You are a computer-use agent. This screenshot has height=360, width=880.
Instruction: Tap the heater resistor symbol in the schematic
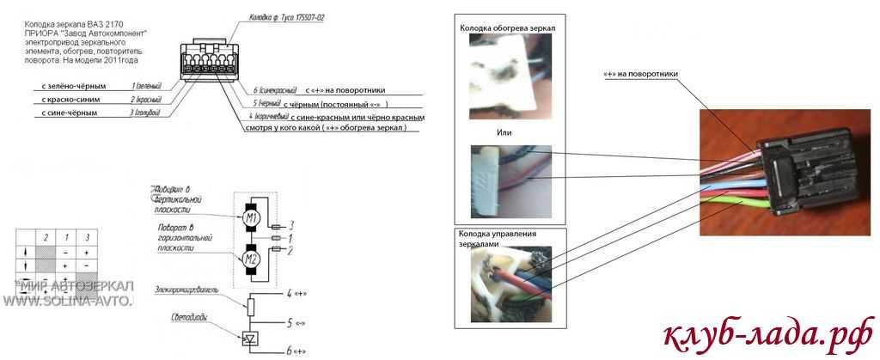click(251, 304)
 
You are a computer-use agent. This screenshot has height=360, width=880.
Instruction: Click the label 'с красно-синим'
click(70, 100)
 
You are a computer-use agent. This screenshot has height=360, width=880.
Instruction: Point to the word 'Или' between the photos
click(504, 133)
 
